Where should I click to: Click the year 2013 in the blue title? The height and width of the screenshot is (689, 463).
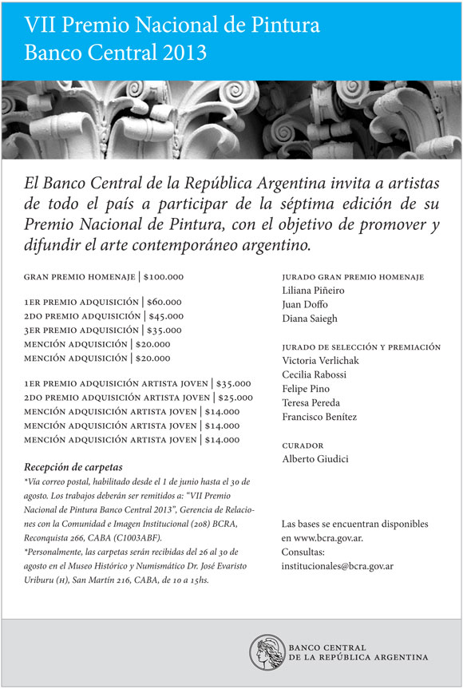(x=183, y=53)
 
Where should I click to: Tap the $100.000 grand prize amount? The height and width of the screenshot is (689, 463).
(x=164, y=277)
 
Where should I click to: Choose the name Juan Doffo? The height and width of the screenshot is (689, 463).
(x=305, y=304)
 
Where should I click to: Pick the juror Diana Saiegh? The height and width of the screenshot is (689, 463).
(x=310, y=319)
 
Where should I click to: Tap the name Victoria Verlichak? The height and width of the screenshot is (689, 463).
(x=320, y=360)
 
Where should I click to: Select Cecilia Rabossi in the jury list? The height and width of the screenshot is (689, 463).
(x=314, y=374)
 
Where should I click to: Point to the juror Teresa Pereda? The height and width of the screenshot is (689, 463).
(x=311, y=402)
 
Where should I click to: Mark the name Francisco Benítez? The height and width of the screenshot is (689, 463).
(x=319, y=417)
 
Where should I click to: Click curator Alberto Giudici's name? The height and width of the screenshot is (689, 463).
(x=315, y=459)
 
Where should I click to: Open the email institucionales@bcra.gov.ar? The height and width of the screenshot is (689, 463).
(x=348, y=566)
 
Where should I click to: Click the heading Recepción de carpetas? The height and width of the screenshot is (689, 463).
(x=74, y=467)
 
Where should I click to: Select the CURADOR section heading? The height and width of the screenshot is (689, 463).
(x=303, y=445)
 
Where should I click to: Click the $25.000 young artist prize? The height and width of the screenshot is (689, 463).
(x=235, y=398)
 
